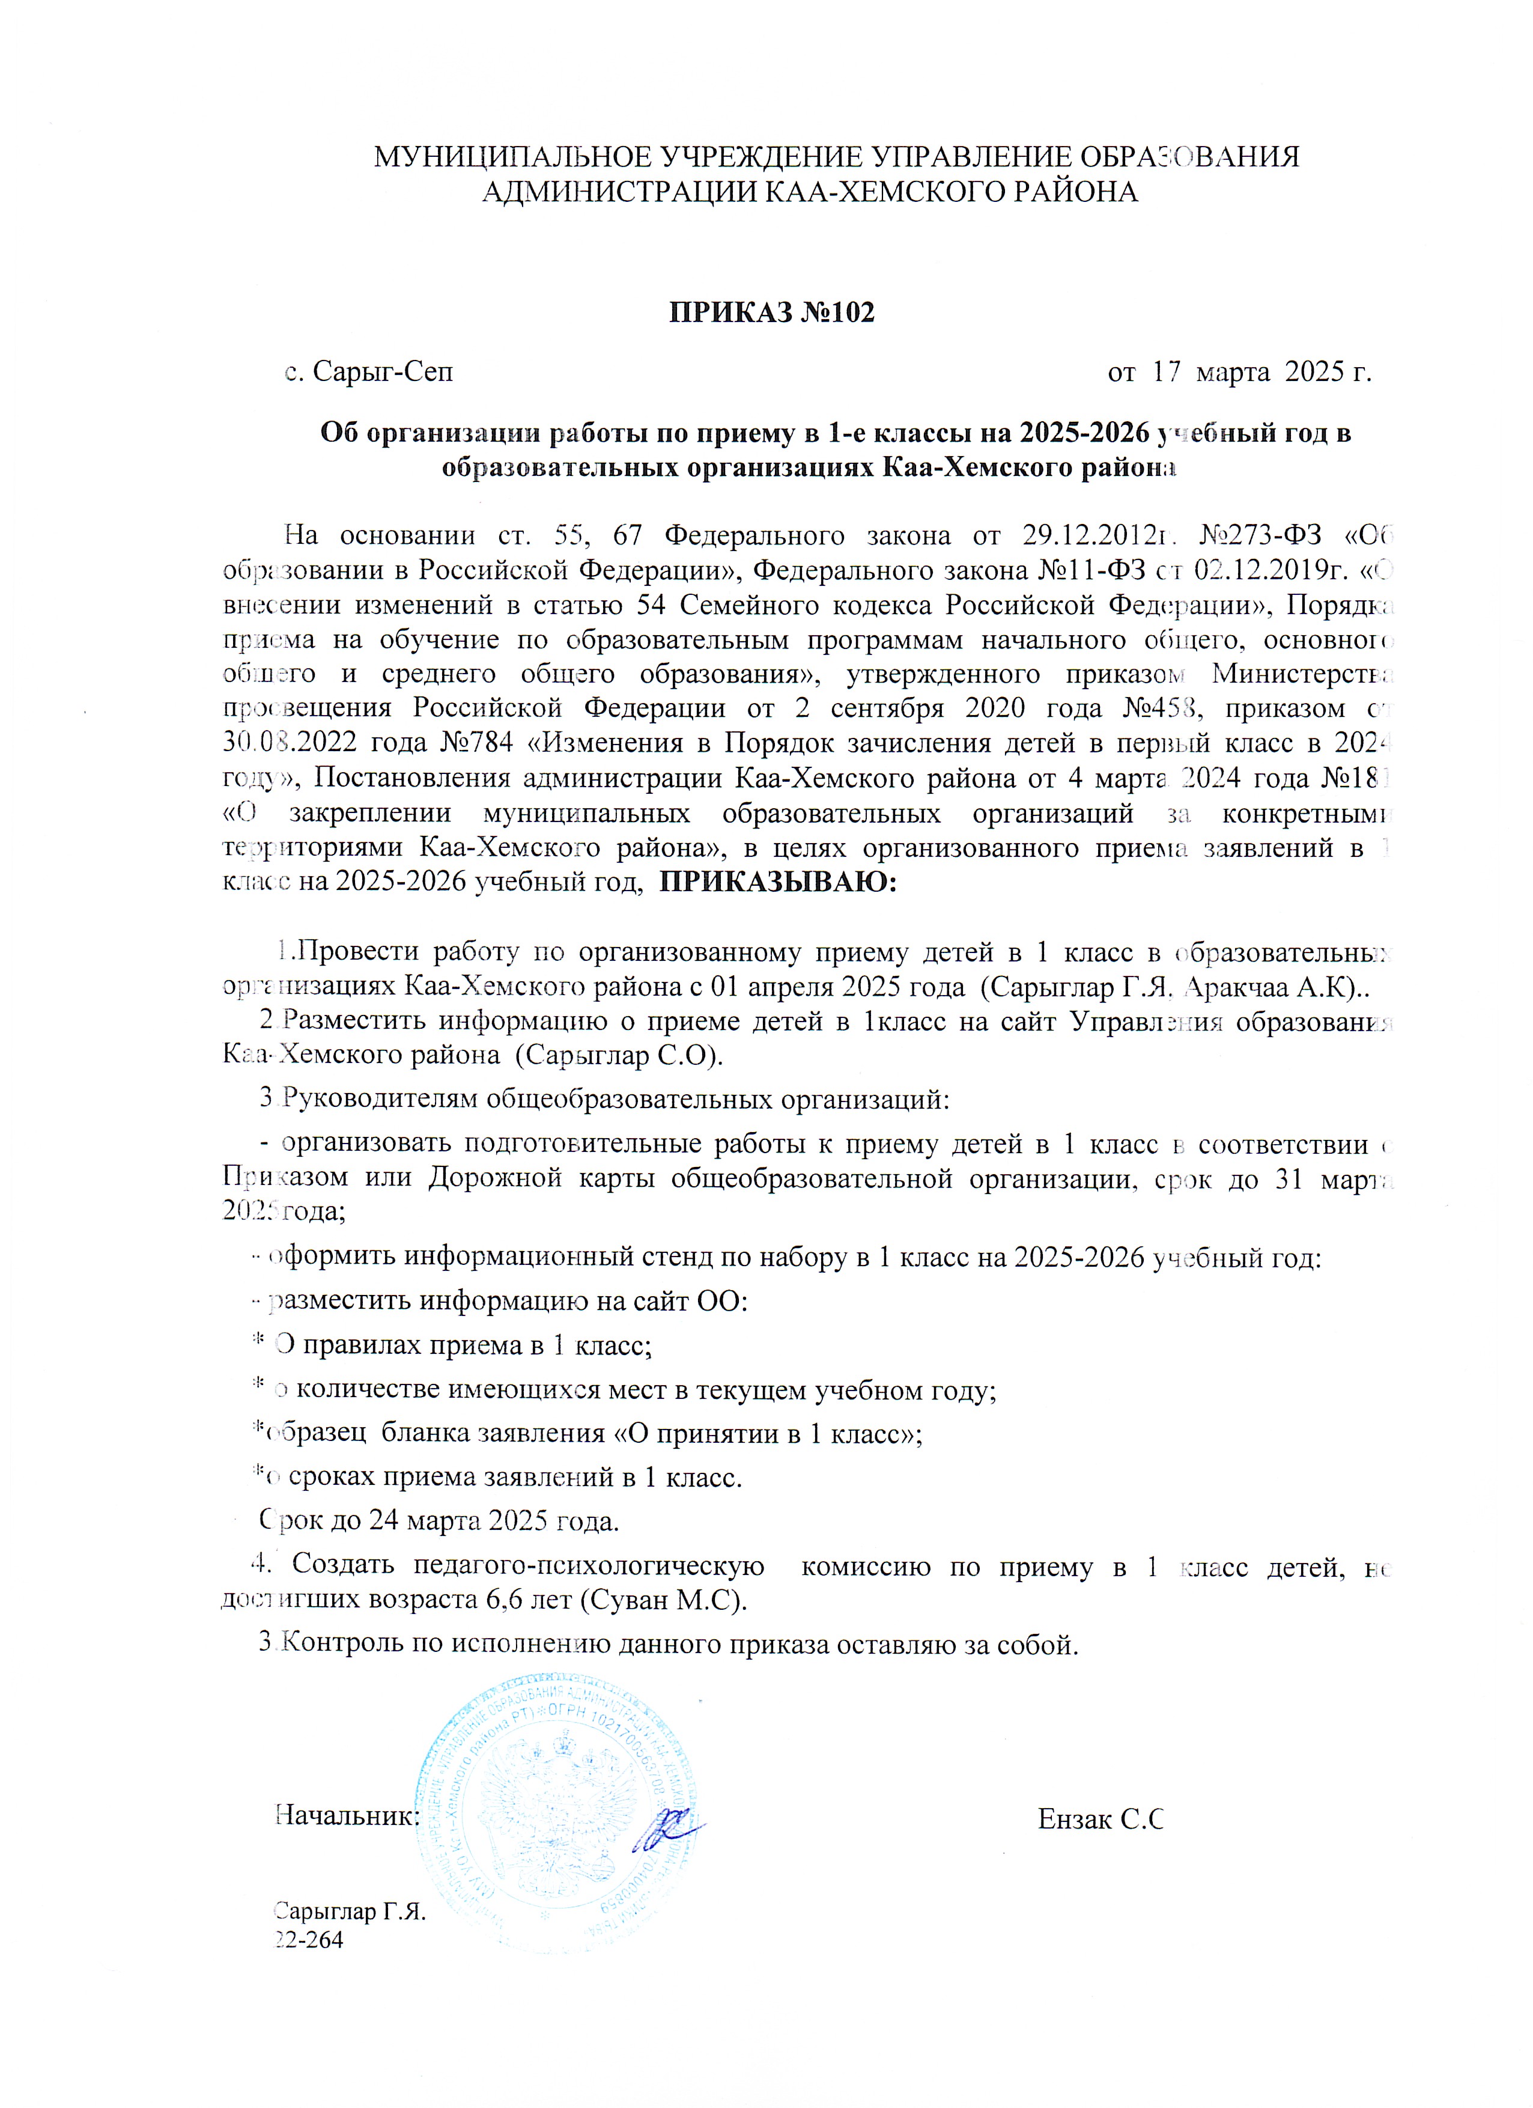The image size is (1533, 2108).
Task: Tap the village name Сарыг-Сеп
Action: point(383,373)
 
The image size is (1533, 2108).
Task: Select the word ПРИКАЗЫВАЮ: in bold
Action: point(778,881)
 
